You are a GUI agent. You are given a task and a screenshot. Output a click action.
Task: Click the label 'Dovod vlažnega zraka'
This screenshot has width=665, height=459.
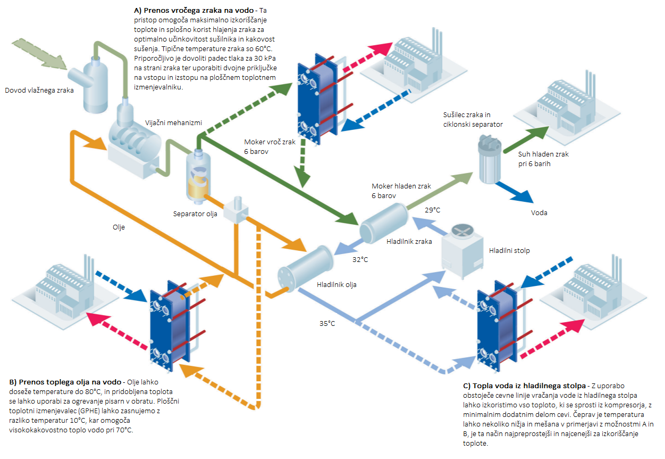(39, 90)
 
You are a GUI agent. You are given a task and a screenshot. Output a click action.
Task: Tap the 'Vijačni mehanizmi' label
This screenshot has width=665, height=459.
(173, 122)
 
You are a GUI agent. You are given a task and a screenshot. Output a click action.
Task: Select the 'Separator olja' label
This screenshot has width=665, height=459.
(195, 214)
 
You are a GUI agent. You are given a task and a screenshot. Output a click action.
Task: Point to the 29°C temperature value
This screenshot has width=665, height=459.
(433, 210)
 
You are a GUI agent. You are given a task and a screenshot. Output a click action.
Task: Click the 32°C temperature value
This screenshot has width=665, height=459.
(360, 259)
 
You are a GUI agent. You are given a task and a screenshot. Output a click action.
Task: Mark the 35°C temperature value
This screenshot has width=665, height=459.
(327, 323)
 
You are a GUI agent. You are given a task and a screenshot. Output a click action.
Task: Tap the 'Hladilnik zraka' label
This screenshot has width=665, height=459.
(409, 242)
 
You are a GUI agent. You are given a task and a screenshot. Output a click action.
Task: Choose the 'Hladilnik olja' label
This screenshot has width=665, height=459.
(336, 285)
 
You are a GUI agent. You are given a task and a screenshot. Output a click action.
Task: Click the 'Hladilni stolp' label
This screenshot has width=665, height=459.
(509, 250)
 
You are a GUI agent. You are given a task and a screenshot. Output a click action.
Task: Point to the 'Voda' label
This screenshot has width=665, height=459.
(539, 212)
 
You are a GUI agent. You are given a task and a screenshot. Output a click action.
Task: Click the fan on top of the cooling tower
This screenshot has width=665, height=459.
(462, 231)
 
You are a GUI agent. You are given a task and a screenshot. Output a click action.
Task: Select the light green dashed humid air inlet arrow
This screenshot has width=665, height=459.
(39, 54)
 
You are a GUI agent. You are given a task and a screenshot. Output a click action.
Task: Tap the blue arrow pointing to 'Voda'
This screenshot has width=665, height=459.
(514, 192)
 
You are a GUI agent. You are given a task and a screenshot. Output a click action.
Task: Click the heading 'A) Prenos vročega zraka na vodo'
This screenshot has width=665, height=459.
(194, 11)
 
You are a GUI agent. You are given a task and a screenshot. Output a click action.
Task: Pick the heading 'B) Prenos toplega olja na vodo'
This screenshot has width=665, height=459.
(65, 382)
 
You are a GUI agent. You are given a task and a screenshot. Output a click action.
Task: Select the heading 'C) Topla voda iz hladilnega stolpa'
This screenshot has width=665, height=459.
(524, 386)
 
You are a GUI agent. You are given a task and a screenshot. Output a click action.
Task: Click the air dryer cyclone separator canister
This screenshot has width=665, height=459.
(490, 159)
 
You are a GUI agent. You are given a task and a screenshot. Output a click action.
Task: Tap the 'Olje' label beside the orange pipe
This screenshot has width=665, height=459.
(119, 227)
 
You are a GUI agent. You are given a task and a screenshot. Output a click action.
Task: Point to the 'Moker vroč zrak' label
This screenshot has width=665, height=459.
(270, 142)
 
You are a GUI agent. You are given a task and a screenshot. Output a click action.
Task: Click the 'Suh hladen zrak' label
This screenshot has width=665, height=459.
(543, 154)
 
